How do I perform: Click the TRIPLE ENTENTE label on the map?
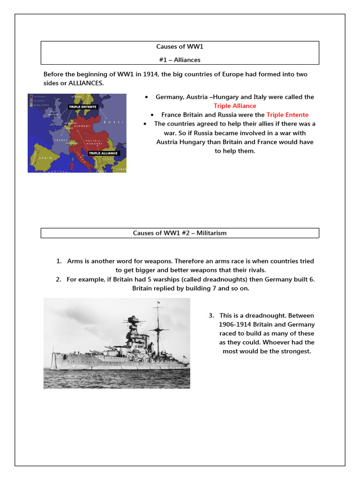pos(82,107)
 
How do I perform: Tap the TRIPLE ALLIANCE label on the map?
pos(104,153)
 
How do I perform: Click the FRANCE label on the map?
pos(61,140)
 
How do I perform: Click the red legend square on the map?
pos(30,96)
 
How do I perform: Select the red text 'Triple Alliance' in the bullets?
pos(235,106)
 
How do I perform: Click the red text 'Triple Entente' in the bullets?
pos(287,115)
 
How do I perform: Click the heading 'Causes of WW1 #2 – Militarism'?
pos(180,233)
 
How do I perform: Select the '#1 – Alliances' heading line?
pos(180,60)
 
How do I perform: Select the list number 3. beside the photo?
pos(211,315)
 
